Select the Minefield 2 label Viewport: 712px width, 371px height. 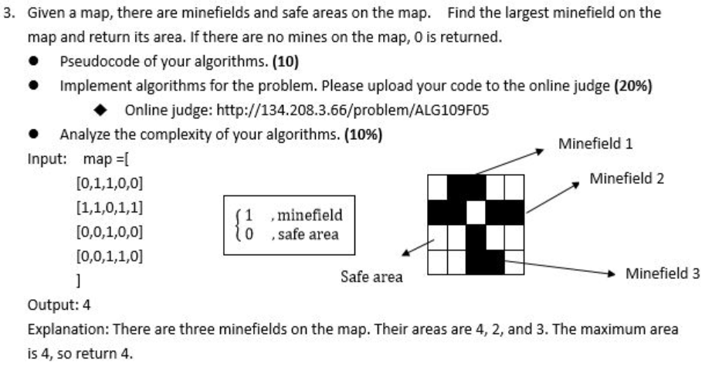pos(626,179)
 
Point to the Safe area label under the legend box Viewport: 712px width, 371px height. pos(371,277)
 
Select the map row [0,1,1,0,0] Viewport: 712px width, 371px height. pos(110,184)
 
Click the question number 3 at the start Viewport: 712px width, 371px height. pos(8,13)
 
